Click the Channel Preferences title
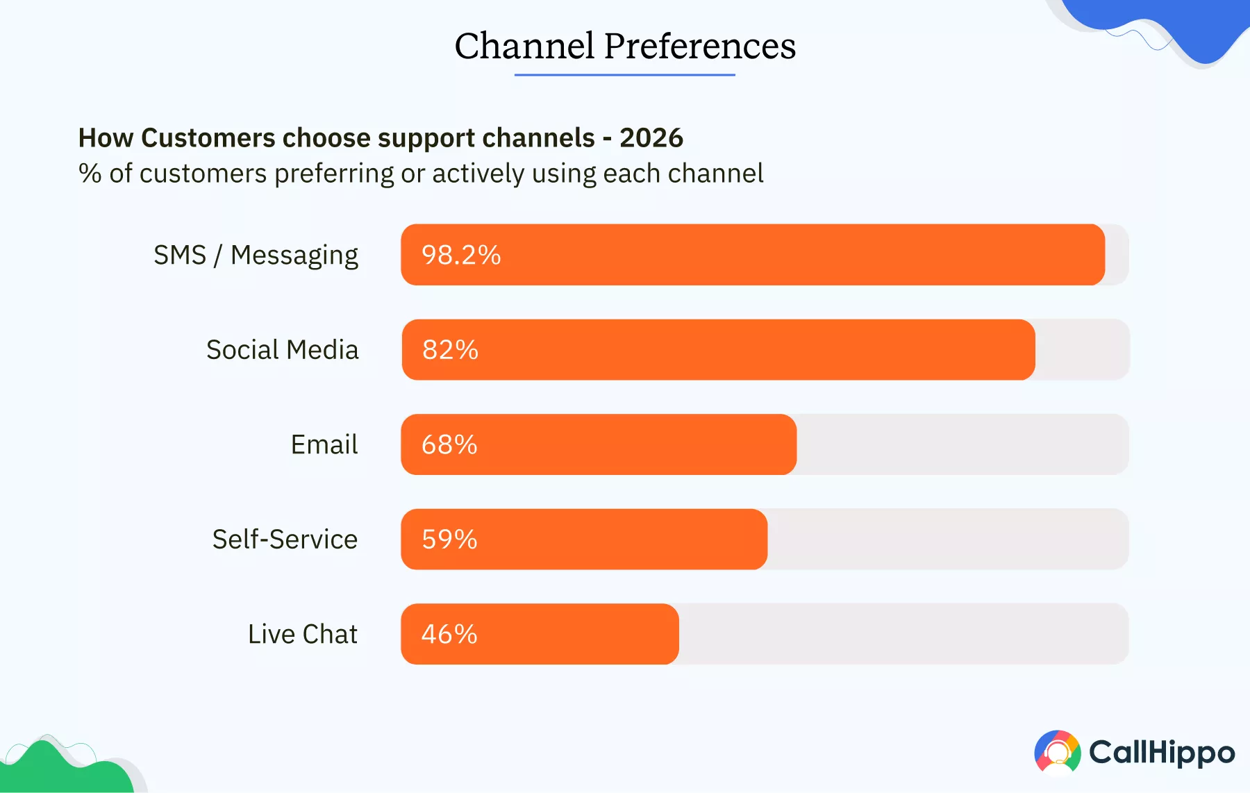tap(625, 47)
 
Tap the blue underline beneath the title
tap(624, 74)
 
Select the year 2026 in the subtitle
tap(651, 137)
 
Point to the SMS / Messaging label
tap(256, 255)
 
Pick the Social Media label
tap(282, 349)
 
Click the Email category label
tap(324, 444)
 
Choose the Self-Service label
tap(285, 539)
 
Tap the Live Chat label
tap(302, 634)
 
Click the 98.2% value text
tap(461, 255)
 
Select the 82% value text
tap(450, 349)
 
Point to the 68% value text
tap(449, 444)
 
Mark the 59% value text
tap(449, 539)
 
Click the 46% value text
tap(449, 634)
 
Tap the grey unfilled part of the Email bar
tap(962, 444)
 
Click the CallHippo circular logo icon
tap(1058, 751)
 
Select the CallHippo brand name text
tap(1162, 753)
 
